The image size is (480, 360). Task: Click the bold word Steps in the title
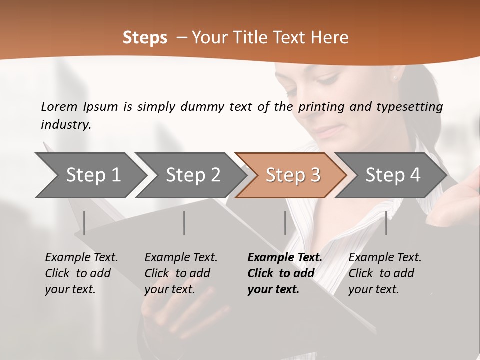145,38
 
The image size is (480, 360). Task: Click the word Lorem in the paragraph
59,106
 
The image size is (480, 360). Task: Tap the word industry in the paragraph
66,124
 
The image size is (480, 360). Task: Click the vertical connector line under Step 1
84,223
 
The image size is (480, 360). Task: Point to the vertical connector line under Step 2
184,223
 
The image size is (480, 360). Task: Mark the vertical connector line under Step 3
285,223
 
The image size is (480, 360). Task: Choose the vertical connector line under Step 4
386,223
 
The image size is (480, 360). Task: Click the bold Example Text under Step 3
285,258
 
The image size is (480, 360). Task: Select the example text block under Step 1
81,273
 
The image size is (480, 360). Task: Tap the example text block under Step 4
385,273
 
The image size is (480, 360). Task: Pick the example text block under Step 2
181,273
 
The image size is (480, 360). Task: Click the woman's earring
395,78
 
